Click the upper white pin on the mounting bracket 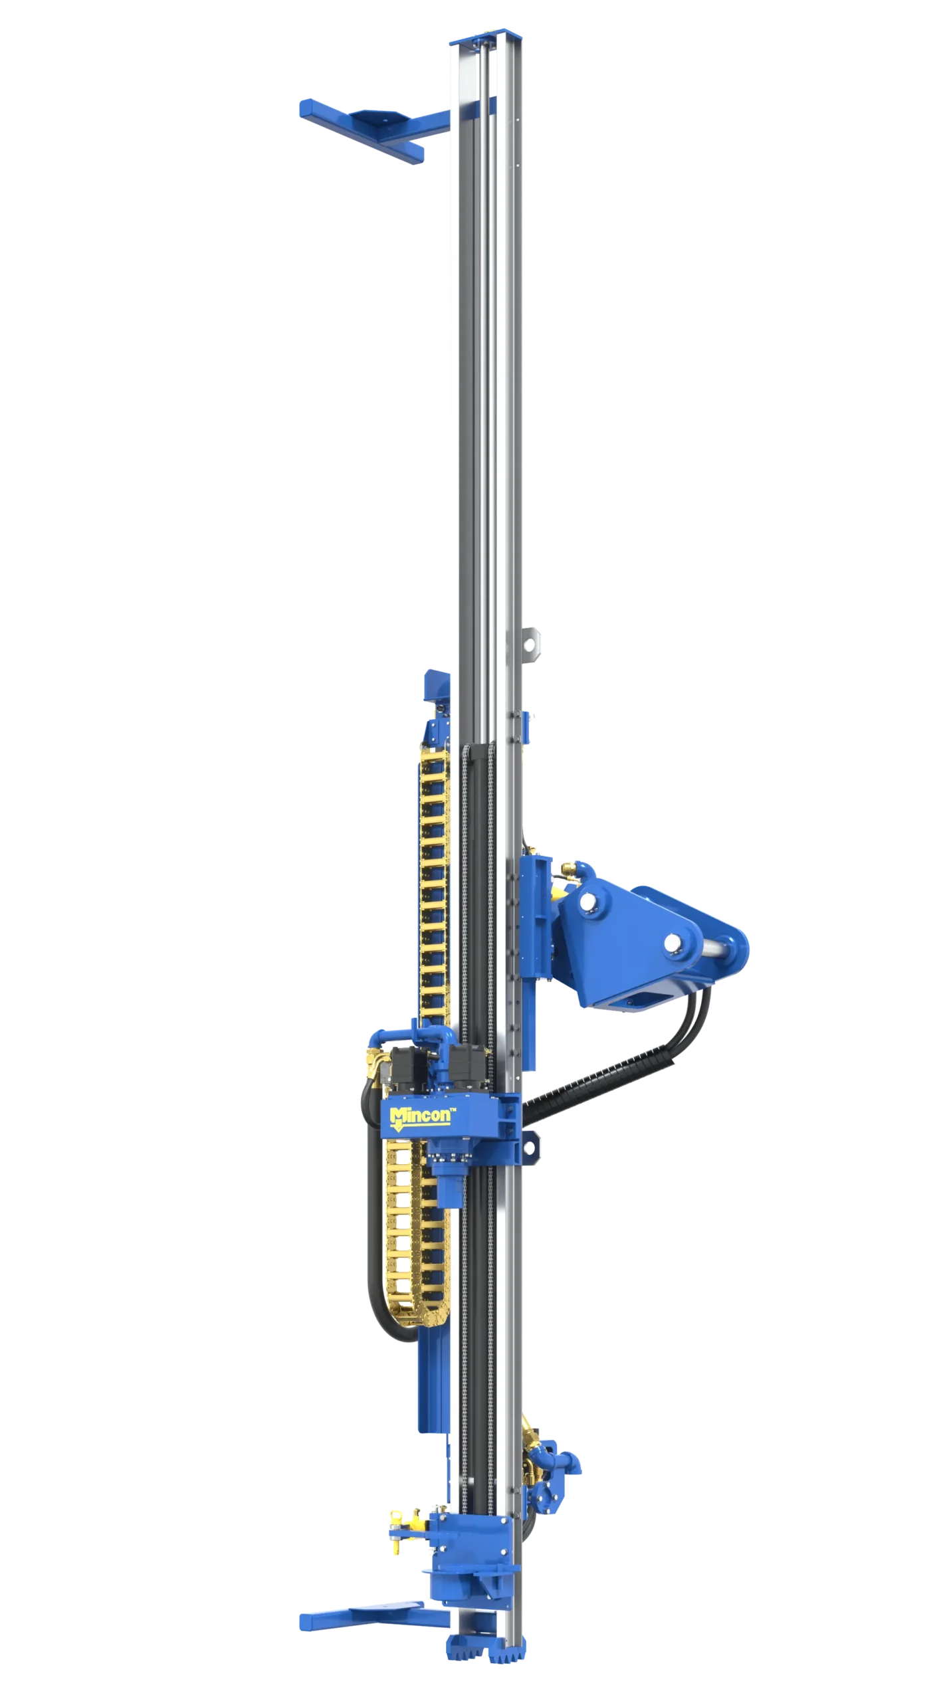point(587,902)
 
